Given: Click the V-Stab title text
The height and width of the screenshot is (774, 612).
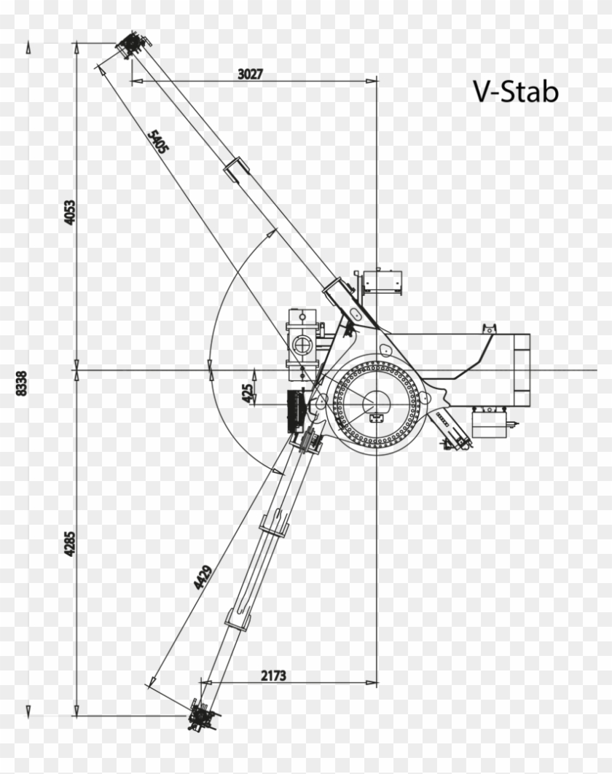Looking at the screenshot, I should coord(516,92).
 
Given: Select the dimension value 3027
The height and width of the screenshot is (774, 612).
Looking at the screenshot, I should coord(250,74).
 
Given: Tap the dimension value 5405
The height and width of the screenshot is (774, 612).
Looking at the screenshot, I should coord(158,141).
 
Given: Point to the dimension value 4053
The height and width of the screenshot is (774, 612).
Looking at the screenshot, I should coord(70,211).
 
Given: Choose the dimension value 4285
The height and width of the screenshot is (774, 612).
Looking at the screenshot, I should coord(70,542).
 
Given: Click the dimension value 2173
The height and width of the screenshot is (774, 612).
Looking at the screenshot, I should coord(273,676).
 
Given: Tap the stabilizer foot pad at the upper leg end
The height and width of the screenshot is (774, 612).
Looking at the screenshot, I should coord(131,46).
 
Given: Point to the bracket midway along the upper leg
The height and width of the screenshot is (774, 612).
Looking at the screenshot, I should coord(235,170).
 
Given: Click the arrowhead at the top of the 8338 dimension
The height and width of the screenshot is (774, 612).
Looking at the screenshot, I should coord(29,48).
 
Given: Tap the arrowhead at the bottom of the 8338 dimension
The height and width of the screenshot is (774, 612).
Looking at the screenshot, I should coord(29,711).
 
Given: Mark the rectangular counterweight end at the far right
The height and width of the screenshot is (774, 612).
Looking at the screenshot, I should coord(521,372).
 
